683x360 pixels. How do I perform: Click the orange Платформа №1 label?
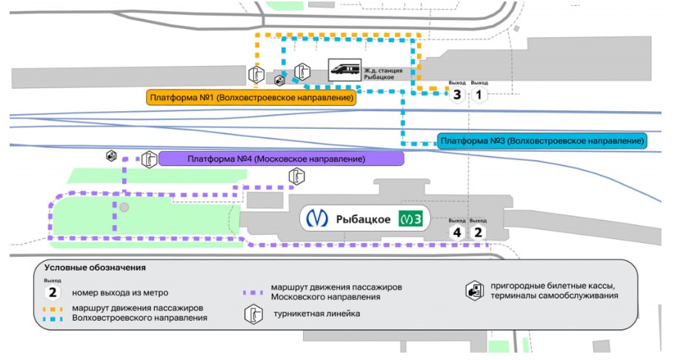251,98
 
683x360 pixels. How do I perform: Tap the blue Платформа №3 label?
542,141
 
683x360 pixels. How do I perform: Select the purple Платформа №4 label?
281,159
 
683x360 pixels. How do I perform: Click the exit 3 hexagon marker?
457,95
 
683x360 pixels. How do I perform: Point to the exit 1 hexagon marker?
479,95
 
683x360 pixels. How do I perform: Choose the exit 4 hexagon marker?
457,233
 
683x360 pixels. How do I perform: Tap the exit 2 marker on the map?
479,233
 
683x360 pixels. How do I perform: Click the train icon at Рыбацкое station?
344,70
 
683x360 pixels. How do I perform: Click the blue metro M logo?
316,219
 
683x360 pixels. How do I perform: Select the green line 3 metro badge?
410,219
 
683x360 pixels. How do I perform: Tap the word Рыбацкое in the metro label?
363,219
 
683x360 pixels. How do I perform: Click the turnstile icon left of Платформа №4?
150,160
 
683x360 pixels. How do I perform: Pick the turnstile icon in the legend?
253,314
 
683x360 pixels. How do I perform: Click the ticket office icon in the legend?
474,290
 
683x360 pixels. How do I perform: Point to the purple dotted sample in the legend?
253,293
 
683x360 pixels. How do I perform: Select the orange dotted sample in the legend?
53,309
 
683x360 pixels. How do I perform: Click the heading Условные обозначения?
95,267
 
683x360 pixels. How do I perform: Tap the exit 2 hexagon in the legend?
53,293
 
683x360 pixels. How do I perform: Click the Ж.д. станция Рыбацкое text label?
383,73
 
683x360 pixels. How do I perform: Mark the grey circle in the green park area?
124,207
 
